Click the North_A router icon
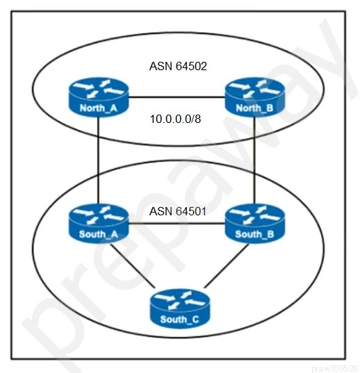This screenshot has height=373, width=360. [99, 97]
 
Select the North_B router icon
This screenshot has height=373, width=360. [254, 97]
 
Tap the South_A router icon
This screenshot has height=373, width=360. [99, 224]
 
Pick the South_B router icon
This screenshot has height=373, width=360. [254, 224]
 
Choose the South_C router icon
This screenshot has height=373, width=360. [179, 308]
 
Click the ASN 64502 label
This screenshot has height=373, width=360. [178, 66]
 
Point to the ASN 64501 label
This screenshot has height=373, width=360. [177, 211]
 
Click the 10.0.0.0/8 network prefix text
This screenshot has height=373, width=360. [175, 119]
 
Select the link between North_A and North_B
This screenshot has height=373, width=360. [177, 97]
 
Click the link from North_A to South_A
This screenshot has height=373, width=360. [98, 160]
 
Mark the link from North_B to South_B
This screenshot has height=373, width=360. [254, 160]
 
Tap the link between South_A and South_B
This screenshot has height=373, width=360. [177, 224]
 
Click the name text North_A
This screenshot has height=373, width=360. [99, 108]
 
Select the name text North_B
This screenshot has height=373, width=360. [254, 108]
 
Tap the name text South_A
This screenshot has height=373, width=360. [99, 234]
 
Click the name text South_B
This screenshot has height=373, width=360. [254, 234]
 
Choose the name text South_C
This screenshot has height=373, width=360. [179, 320]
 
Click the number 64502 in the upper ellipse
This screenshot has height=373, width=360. [191, 66]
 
